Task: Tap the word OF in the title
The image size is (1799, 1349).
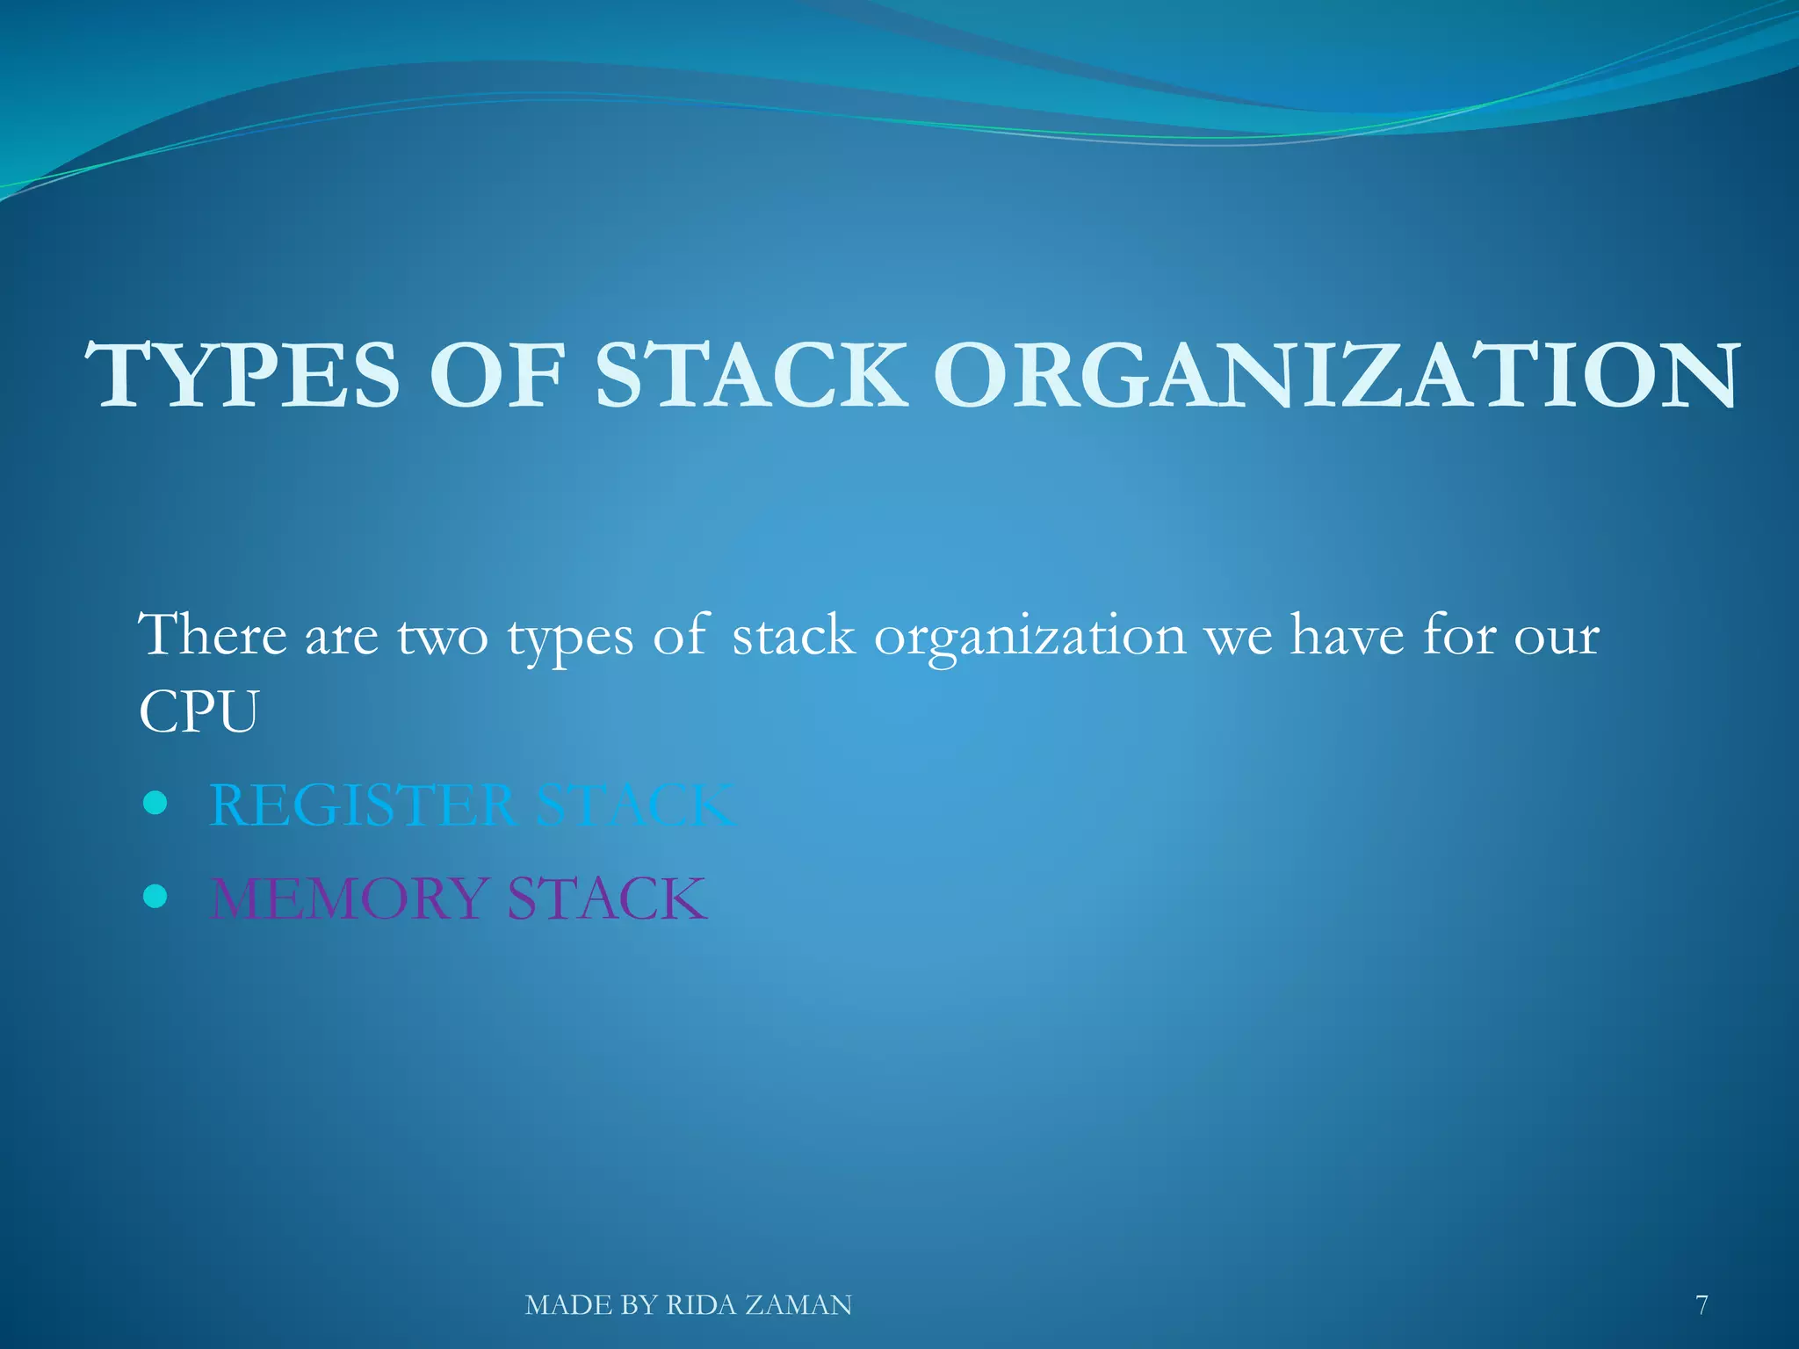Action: pos(496,376)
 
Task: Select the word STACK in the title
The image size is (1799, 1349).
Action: pos(751,376)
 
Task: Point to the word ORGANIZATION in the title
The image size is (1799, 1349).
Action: pos(1334,376)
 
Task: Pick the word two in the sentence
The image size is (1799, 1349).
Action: pos(442,636)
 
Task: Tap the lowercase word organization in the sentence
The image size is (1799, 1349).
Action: pos(1030,638)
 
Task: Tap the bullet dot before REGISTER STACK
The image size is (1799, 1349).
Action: pos(155,803)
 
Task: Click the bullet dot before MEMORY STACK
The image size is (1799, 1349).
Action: pos(155,896)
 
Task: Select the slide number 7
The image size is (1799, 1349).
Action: pos(1701,1305)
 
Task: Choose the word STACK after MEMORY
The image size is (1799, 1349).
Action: pos(607,898)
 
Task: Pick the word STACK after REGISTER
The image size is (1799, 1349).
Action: pos(635,804)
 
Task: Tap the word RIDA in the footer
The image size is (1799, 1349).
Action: pos(701,1305)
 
